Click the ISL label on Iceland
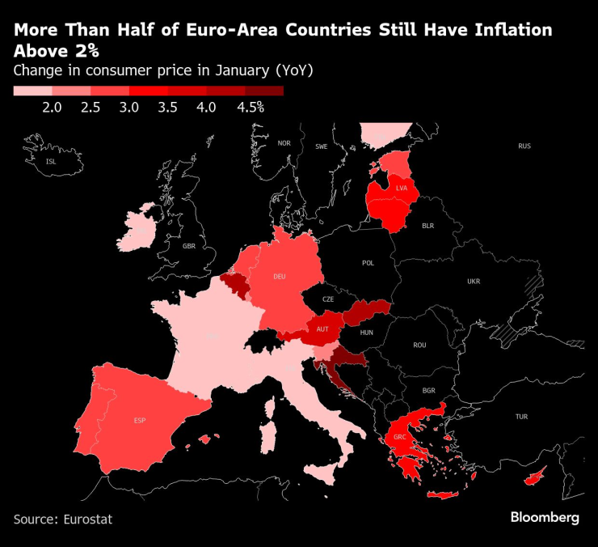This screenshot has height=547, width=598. click(x=51, y=162)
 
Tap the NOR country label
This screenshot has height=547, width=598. click(x=284, y=143)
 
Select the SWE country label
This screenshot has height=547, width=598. click(x=321, y=146)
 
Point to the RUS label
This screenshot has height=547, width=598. click(x=524, y=146)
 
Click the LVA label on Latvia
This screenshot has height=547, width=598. click(x=402, y=188)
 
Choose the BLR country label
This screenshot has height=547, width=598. click(x=428, y=227)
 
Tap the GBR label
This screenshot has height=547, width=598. click(x=189, y=246)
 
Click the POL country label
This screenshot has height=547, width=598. click(x=368, y=263)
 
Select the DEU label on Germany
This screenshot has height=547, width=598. click(x=280, y=277)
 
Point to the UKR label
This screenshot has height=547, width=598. click(x=473, y=282)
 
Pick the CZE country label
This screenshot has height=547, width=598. click(x=328, y=299)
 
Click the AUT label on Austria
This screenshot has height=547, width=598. click(x=322, y=329)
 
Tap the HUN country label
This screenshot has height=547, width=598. click(x=366, y=332)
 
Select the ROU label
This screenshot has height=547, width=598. click(x=419, y=345)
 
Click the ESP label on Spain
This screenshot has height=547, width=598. click(x=140, y=421)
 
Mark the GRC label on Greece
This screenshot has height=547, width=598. click(x=399, y=438)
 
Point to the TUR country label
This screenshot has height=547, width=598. click(x=521, y=417)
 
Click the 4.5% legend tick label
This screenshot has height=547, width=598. click(x=250, y=108)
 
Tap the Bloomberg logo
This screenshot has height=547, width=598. click(x=545, y=518)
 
